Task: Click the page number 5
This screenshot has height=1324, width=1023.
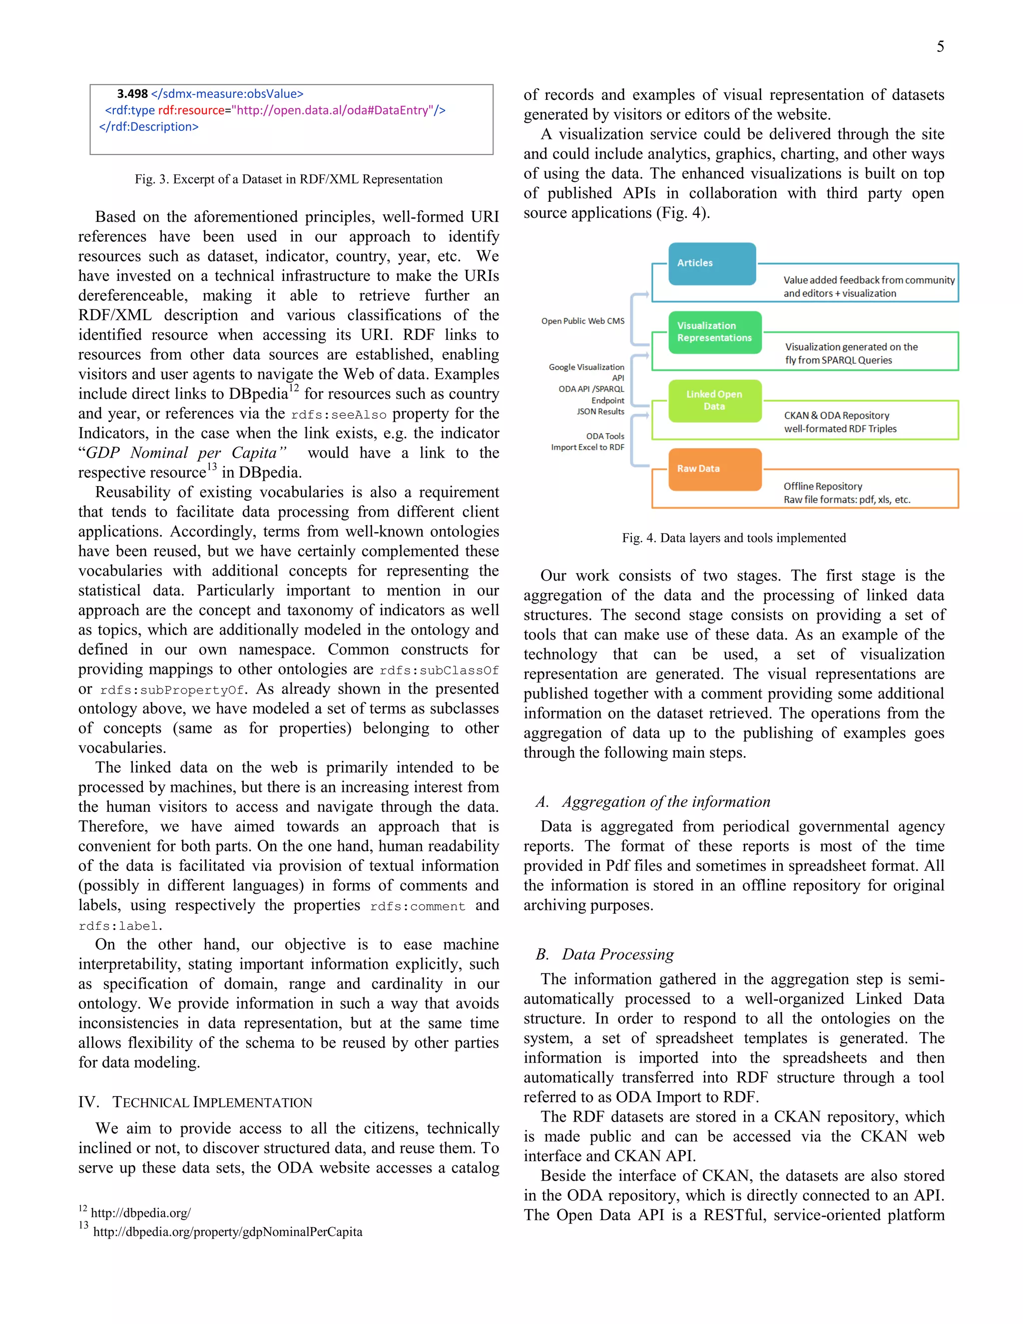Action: [x=940, y=46]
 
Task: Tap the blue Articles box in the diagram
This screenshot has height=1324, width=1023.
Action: [x=711, y=263]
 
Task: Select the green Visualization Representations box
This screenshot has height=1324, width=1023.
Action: [x=714, y=332]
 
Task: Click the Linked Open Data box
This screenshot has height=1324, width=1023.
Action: [x=714, y=400]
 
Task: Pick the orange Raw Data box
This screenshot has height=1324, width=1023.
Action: [x=714, y=469]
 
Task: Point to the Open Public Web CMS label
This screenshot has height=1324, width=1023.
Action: [x=582, y=321]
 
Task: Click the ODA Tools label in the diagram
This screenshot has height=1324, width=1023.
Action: [x=605, y=436]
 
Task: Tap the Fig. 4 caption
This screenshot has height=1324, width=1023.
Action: [x=733, y=538]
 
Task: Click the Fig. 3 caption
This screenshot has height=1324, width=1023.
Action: [x=289, y=179]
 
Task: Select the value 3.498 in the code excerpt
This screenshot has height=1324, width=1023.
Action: [x=132, y=94]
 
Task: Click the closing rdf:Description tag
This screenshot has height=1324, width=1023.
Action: [x=148, y=127]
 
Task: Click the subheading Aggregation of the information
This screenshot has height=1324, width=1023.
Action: [x=665, y=801]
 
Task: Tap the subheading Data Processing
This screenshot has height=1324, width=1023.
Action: [x=617, y=954]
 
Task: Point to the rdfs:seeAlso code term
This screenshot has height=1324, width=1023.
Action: [x=338, y=415]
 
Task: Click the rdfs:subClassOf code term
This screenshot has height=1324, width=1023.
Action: [x=439, y=670]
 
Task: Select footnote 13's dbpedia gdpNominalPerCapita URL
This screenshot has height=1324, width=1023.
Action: [x=227, y=1232]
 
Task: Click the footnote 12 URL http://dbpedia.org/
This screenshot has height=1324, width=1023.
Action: [x=140, y=1213]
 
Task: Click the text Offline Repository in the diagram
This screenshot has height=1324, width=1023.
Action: [x=822, y=486]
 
